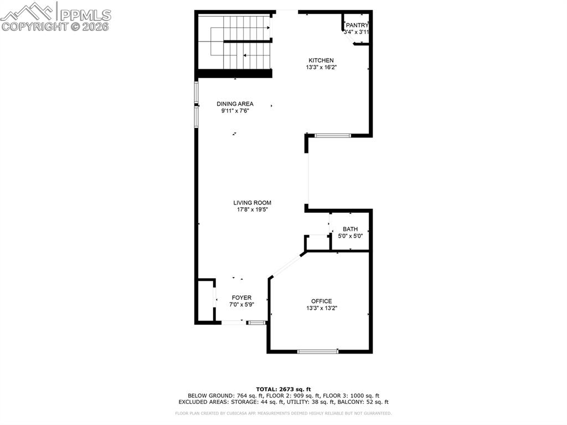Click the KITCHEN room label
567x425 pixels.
click(x=321, y=60)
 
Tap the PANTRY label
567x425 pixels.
click(x=357, y=25)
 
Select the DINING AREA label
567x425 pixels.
click(x=235, y=104)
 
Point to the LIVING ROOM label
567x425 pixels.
click(x=252, y=203)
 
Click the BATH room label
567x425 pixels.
click(x=350, y=229)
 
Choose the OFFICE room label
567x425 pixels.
click(x=321, y=301)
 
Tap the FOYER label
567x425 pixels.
click(x=241, y=298)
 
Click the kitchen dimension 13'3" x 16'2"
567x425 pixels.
click(x=321, y=67)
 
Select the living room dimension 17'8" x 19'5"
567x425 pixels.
click(x=252, y=209)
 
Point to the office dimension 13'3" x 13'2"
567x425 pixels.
click(x=321, y=308)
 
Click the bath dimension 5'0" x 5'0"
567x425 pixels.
click(x=350, y=235)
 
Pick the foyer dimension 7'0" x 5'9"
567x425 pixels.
click(x=241, y=304)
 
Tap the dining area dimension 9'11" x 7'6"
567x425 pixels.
click(x=235, y=110)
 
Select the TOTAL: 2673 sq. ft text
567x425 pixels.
click(x=283, y=389)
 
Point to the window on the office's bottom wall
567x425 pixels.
click(x=318, y=351)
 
